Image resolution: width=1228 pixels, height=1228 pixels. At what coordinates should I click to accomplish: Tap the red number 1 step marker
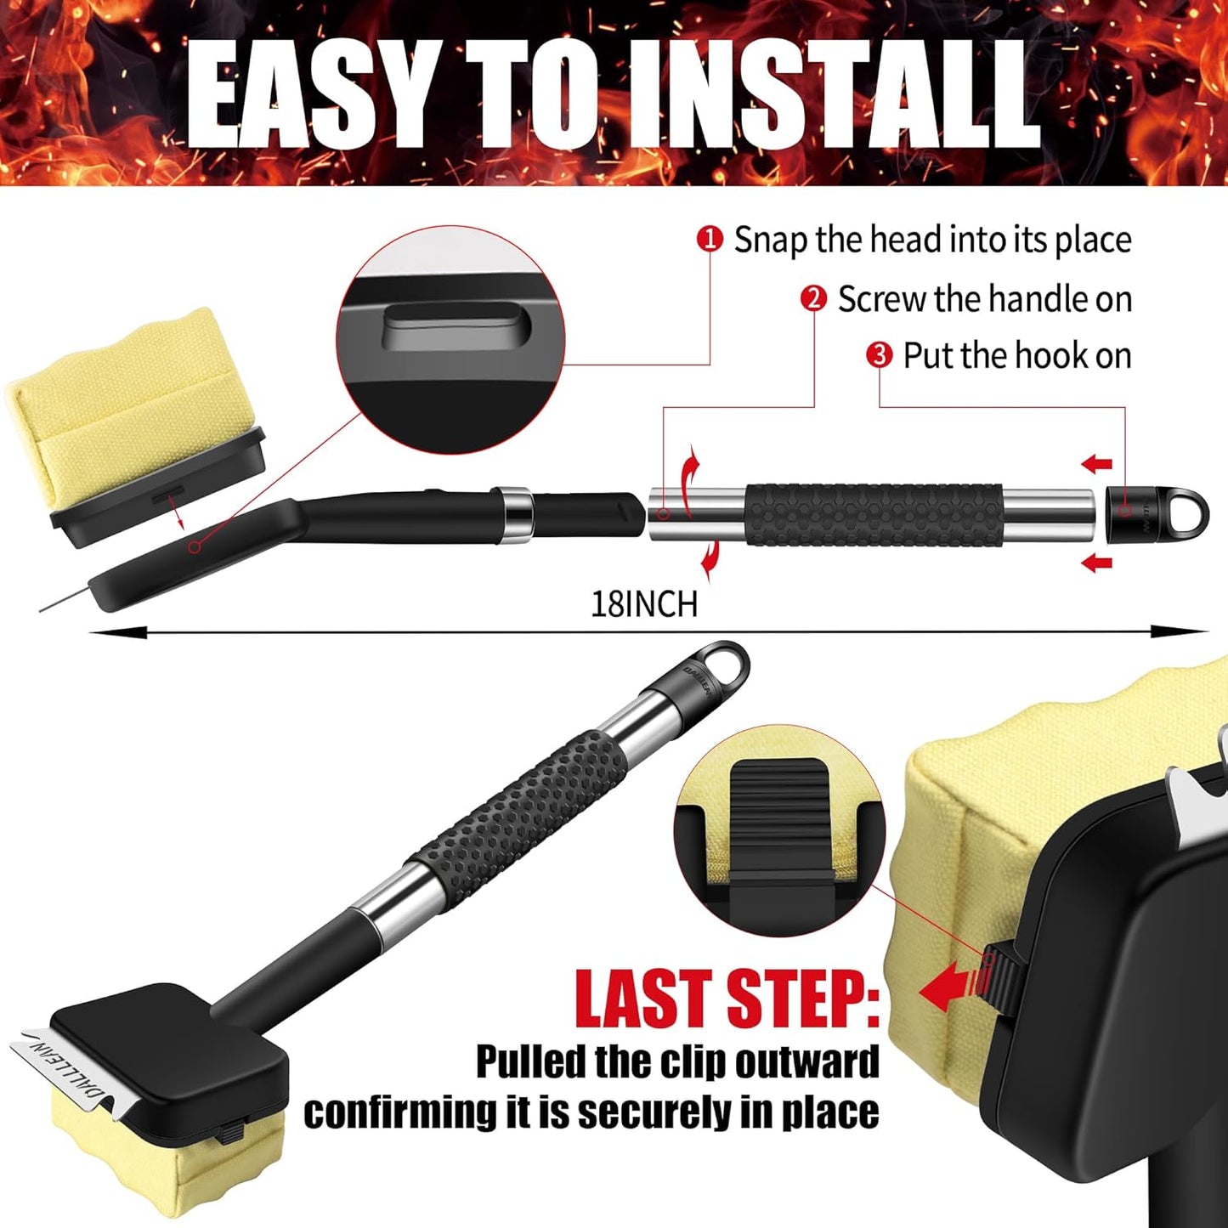click(710, 239)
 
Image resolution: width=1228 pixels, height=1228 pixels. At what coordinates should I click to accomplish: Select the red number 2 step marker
click(813, 298)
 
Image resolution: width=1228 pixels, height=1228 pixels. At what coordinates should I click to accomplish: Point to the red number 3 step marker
click(879, 354)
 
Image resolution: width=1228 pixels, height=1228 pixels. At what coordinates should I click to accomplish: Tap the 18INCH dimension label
click(644, 604)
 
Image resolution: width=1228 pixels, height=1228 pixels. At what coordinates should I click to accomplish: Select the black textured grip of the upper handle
click(874, 514)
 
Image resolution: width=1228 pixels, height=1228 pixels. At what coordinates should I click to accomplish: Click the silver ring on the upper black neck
click(516, 514)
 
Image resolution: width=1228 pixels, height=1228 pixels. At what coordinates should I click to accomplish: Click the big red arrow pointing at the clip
click(950, 989)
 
